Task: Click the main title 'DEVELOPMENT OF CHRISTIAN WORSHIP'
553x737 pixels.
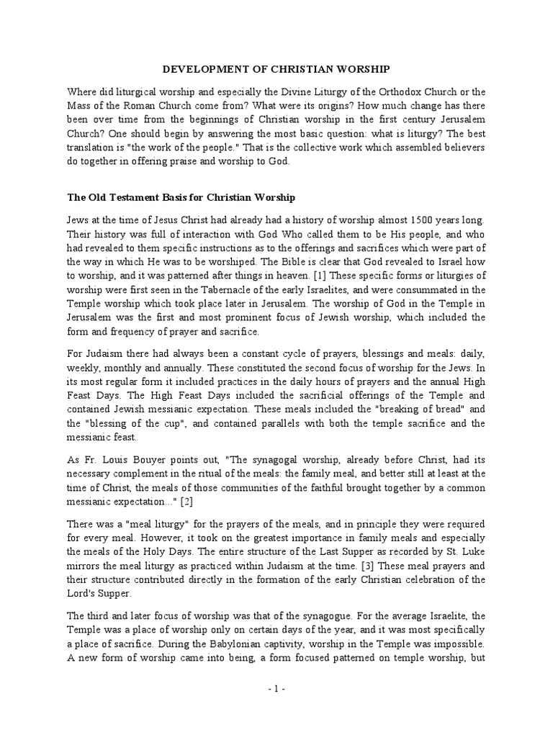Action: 276,69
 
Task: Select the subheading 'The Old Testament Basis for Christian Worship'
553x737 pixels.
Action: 181,196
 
